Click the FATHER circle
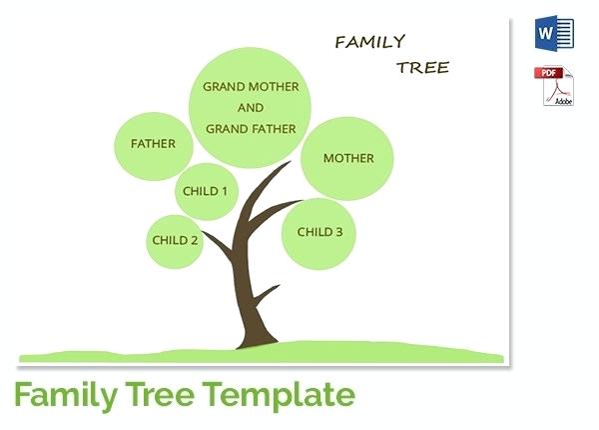(x=153, y=144)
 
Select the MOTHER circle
(x=348, y=158)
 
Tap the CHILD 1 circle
(x=206, y=191)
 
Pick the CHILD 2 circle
(x=176, y=240)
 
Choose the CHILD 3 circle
(x=319, y=232)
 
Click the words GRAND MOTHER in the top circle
(x=251, y=87)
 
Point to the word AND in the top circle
(x=251, y=108)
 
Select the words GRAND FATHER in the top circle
(x=251, y=129)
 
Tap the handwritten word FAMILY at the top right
(x=369, y=42)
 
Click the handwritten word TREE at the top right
(x=422, y=68)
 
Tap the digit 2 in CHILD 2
(x=195, y=240)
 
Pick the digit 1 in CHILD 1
(x=224, y=191)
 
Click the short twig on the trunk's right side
(x=268, y=293)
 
